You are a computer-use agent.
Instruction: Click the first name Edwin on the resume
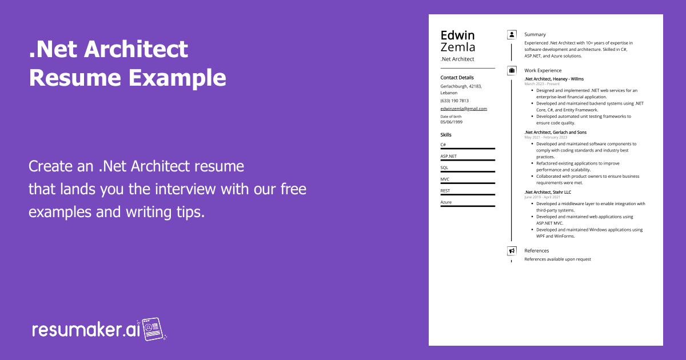point(457,35)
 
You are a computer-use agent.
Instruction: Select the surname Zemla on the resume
point(458,47)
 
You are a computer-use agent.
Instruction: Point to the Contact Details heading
point(457,77)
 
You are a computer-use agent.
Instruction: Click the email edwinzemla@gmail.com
point(464,109)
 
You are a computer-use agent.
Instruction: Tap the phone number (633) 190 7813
point(454,101)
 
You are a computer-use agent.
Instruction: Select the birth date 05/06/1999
point(452,122)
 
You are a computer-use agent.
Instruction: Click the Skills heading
point(446,135)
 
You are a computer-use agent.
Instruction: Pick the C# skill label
point(443,145)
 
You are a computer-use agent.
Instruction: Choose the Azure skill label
point(446,202)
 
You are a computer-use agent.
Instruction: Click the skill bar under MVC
point(468,183)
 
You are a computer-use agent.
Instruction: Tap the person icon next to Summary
point(512,35)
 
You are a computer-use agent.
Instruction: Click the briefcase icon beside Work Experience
point(512,70)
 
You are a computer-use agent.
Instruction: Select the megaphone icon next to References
point(512,251)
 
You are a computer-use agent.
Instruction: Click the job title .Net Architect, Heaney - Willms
point(554,79)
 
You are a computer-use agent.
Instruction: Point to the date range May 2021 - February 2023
point(546,137)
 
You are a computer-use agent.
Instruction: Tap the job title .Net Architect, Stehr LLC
point(548,193)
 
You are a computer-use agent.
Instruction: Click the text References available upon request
point(557,259)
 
